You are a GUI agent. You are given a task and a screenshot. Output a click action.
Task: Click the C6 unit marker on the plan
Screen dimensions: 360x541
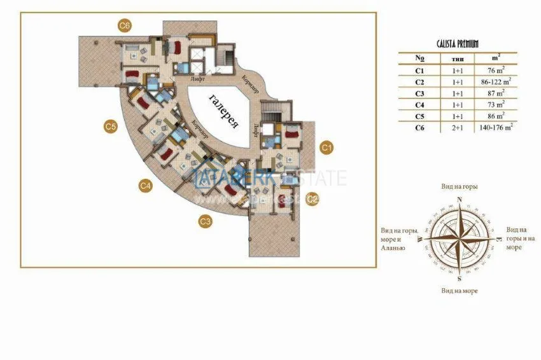click(125, 25)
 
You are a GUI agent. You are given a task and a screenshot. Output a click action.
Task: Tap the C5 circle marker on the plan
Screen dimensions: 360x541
click(110, 127)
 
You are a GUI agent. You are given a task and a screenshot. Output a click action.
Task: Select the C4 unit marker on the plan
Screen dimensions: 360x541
click(145, 186)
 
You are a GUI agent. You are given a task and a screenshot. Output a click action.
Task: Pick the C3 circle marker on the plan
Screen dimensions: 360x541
click(205, 221)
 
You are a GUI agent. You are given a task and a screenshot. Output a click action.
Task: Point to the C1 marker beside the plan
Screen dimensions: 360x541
click(327, 148)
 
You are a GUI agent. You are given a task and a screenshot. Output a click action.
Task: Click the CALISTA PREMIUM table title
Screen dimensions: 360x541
click(458, 43)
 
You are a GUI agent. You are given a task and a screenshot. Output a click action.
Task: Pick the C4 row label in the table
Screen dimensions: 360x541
click(419, 104)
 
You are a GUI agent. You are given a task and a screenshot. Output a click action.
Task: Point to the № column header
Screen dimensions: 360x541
click(419, 58)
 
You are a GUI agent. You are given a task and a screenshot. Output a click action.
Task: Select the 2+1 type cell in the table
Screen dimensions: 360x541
click(458, 127)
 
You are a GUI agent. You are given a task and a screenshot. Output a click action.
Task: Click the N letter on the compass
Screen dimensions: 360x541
click(460, 199)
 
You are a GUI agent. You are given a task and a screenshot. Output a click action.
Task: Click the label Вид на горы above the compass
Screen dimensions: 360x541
click(460, 186)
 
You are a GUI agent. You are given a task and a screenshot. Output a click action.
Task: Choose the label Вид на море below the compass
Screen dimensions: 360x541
click(460, 290)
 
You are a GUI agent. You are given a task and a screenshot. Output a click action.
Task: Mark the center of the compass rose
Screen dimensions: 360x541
click(460, 238)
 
